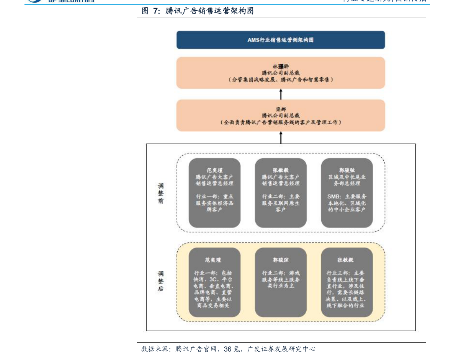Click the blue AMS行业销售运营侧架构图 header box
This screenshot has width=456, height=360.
(281, 40)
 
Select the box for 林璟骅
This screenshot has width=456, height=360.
(281, 73)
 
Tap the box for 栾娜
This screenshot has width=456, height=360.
(281, 115)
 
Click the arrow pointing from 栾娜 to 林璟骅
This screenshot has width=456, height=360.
(281, 94)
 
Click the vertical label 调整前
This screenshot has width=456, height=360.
(161, 193)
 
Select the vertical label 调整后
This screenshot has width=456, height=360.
(161, 281)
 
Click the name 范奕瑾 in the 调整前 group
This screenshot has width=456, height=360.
(214, 170)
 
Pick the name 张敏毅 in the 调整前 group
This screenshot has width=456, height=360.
(281, 170)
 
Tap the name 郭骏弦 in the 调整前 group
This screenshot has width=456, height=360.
(347, 170)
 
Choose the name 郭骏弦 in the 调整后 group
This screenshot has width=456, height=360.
(281, 260)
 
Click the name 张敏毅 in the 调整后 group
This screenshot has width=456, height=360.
(347, 260)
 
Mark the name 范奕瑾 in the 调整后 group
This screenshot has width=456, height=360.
(214, 260)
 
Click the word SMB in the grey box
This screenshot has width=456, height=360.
(333, 196)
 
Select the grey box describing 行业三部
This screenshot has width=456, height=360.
(347, 282)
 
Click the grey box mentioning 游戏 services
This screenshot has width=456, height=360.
(281, 282)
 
